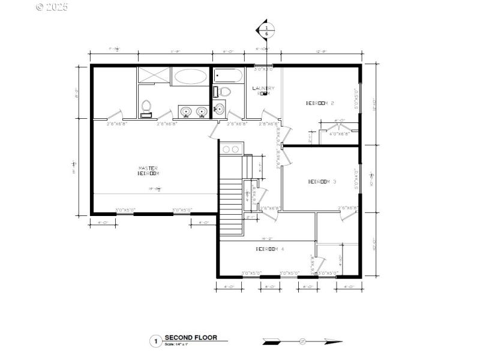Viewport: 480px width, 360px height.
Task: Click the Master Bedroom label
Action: click(148, 170)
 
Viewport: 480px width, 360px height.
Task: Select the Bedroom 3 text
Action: click(322, 182)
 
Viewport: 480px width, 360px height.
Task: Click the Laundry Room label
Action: click(263, 91)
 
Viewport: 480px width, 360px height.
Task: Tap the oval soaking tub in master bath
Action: click(190, 76)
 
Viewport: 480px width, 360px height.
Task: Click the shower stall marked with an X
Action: click(154, 75)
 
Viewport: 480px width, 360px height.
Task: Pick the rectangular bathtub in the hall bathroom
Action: click(228, 77)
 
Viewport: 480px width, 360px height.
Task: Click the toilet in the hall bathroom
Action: click(224, 92)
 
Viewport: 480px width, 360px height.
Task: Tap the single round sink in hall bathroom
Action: click(220, 109)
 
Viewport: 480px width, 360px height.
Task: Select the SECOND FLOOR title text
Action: click(191, 338)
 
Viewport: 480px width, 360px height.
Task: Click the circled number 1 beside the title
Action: click(155, 341)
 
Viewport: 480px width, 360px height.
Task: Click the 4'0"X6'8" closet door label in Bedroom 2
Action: click(339, 134)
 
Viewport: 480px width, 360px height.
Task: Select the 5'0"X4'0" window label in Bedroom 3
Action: click(356, 180)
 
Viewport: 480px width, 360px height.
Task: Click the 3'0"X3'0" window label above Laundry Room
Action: click(263, 70)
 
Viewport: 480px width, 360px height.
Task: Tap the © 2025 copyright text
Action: click(52, 7)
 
